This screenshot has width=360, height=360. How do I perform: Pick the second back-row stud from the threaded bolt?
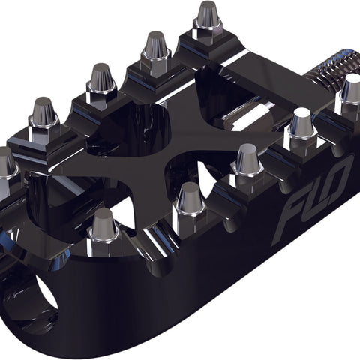pyautogui.click(x=156, y=49)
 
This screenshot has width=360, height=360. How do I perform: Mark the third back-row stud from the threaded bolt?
pyautogui.click(x=101, y=79)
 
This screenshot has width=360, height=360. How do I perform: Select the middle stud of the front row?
pyautogui.click(x=247, y=161)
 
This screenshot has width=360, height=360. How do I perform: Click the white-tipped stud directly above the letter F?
pyautogui.click(x=301, y=124)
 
